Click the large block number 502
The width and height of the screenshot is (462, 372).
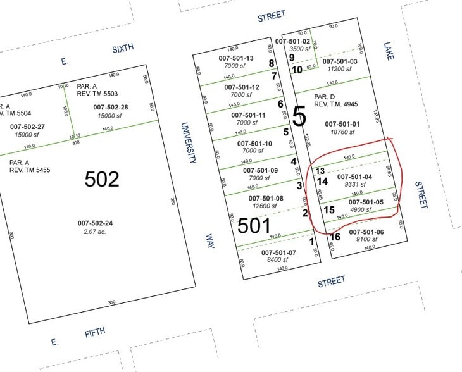(102, 179)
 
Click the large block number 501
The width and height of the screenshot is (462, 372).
(254, 225)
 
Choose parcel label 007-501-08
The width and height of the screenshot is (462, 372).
(265, 199)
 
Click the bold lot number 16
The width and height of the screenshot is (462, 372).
(335, 237)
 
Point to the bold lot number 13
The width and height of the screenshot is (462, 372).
(320, 171)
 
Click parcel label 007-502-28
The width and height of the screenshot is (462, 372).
(111, 108)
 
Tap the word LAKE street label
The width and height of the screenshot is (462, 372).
(388, 52)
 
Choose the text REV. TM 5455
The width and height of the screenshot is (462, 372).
(29, 170)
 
